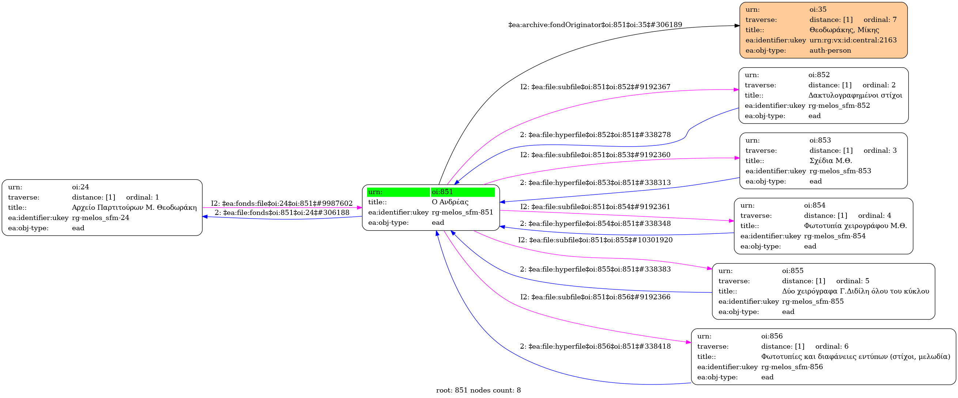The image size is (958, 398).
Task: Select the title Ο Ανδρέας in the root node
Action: pos(450,202)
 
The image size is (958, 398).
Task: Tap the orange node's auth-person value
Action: pos(830,50)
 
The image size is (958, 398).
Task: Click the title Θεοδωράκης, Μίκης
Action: pos(844,30)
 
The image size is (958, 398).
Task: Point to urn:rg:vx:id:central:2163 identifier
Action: pos(853,40)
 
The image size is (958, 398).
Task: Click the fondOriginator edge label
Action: pos(595,25)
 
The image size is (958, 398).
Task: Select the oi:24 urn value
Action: pos(80,187)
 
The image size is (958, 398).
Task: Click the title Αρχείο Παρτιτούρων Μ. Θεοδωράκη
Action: pos(134,207)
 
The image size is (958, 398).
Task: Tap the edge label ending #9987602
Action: pos(282,203)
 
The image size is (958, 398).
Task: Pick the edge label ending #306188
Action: pos(282,213)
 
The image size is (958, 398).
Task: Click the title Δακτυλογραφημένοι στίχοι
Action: pos(855,95)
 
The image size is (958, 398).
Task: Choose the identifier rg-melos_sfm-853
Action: pos(840,171)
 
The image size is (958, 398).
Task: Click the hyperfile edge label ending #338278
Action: pos(595,134)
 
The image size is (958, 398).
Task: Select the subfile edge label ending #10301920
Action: pos(595,240)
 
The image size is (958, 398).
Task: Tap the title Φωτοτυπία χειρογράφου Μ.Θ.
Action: pos(855,225)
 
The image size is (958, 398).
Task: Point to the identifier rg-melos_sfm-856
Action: pos(792,367)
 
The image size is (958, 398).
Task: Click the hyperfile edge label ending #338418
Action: pos(595,346)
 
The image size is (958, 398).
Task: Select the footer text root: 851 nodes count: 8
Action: pos(478,390)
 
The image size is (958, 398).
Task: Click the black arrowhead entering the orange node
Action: pos(737,26)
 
